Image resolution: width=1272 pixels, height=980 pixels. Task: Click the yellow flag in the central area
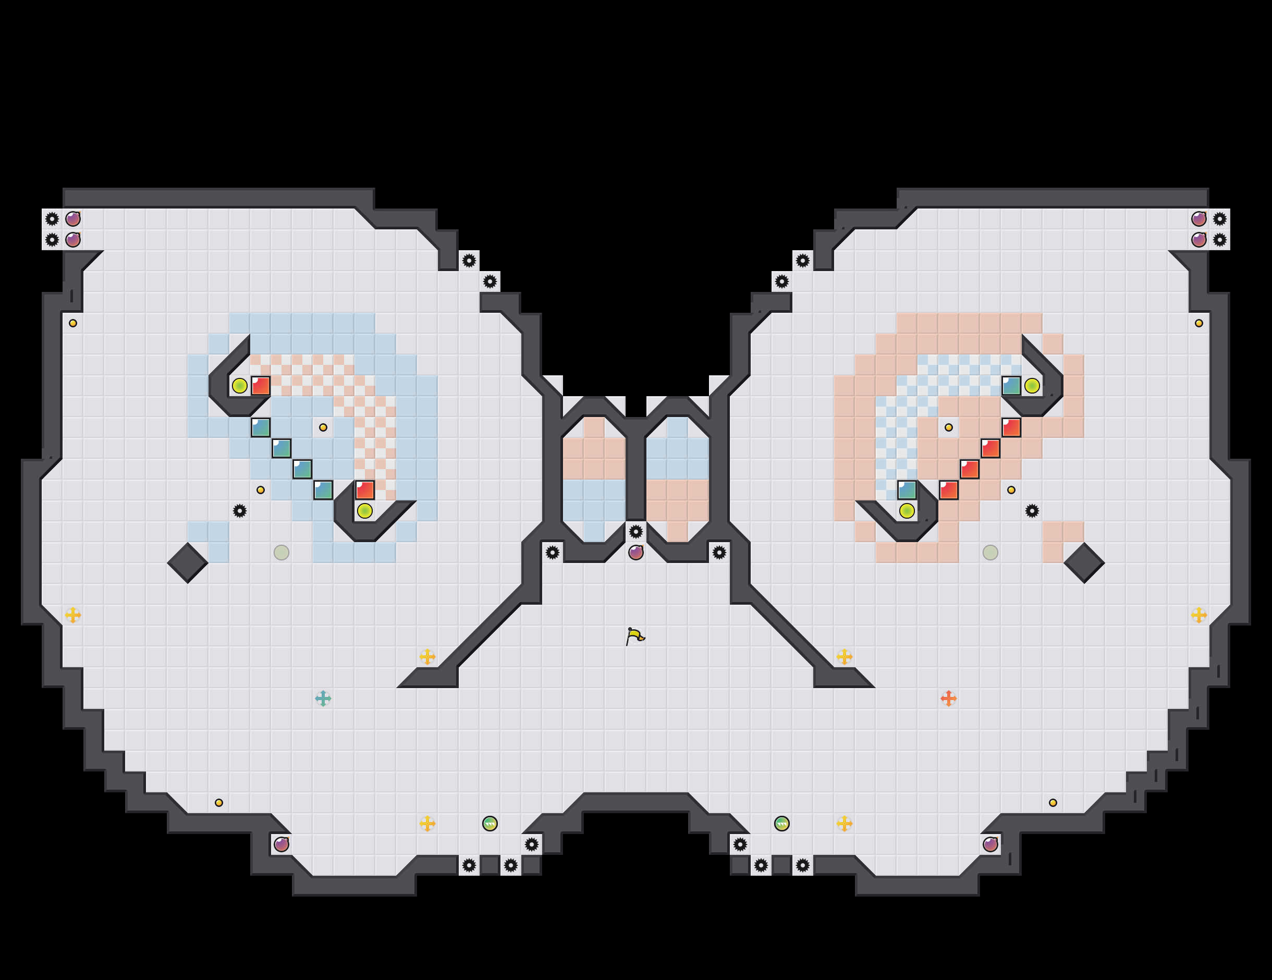tap(635, 636)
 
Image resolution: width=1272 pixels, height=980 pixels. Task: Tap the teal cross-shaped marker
tap(323, 698)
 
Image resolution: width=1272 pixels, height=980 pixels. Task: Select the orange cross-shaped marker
tap(948, 698)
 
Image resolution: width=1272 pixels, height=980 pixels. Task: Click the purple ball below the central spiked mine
tap(636, 553)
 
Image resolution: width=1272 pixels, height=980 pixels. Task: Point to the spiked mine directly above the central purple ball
tap(636, 532)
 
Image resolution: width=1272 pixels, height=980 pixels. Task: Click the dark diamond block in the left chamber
tap(188, 563)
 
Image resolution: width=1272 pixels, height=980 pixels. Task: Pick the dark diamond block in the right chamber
tap(1084, 563)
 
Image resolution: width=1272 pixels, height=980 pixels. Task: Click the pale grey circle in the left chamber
tap(282, 553)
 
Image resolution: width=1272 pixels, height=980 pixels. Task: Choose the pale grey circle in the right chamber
tap(990, 553)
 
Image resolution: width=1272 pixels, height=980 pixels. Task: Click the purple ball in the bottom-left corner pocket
tap(282, 844)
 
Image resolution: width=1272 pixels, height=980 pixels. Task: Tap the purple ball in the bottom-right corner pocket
tap(990, 844)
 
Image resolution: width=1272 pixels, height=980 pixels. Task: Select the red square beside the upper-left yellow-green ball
tap(260, 385)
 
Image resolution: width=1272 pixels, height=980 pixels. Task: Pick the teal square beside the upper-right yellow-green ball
tap(1011, 385)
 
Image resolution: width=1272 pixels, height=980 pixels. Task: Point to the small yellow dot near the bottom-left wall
tap(219, 802)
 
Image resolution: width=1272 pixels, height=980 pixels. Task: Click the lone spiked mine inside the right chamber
tap(1032, 511)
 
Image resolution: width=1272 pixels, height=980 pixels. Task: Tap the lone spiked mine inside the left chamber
tap(239, 511)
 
